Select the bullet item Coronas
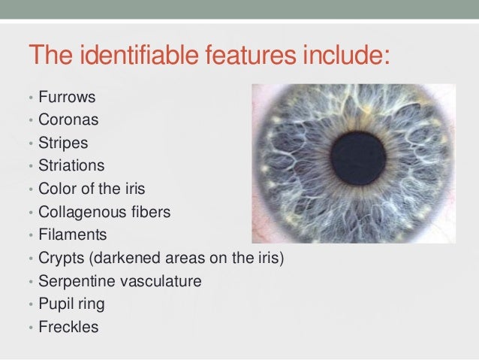67,119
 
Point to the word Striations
72,164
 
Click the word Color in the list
57,188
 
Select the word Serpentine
76,282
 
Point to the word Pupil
56,305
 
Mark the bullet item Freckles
68,328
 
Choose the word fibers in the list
151,212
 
